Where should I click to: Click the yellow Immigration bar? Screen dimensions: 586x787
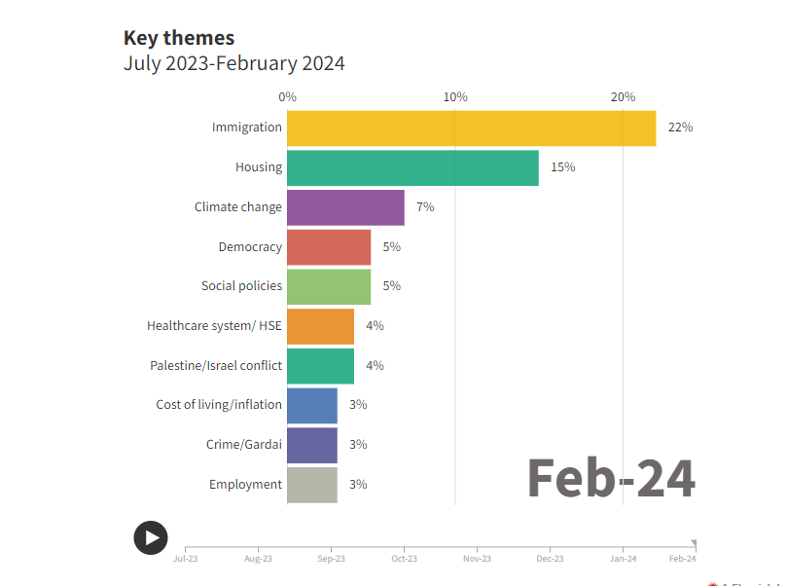click(x=472, y=128)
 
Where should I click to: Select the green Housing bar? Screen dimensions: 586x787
click(x=412, y=167)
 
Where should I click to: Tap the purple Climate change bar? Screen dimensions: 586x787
click(x=345, y=207)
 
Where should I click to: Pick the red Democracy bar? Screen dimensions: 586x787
click(x=329, y=247)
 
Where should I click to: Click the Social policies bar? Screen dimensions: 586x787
click(x=329, y=286)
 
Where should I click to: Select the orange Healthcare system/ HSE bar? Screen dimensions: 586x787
click(x=320, y=326)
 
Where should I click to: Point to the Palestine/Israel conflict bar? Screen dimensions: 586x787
click(x=320, y=366)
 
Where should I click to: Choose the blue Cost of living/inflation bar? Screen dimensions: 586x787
click(x=312, y=405)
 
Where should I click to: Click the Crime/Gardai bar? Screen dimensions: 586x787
click(x=312, y=445)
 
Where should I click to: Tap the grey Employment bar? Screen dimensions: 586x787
click(x=312, y=485)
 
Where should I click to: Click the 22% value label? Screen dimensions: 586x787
click(x=680, y=128)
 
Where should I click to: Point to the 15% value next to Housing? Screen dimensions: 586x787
click(x=562, y=167)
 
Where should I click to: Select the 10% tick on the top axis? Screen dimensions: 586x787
click(x=455, y=97)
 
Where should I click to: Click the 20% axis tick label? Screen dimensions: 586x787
click(x=623, y=97)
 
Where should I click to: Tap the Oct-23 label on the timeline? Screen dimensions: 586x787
click(x=404, y=559)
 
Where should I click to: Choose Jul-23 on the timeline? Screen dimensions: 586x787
click(x=185, y=559)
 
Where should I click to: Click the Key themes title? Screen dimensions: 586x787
click(x=179, y=38)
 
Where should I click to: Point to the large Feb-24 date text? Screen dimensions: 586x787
click(x=611, y=478)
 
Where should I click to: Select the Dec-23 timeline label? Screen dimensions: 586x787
click(x=550, y=559)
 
